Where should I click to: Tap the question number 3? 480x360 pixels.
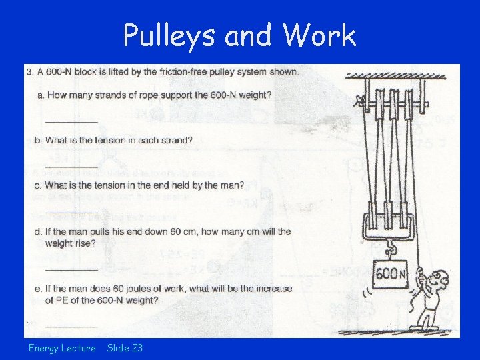pos(29,72)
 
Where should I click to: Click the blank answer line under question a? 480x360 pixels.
pos(71,121)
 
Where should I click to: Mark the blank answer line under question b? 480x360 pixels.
pos(71,166)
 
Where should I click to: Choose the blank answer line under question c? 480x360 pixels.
pos(71,211)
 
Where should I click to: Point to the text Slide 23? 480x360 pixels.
pos(125,348)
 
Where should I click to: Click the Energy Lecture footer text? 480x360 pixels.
pos(62,348)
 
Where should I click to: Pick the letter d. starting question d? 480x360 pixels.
pos(39,231)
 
